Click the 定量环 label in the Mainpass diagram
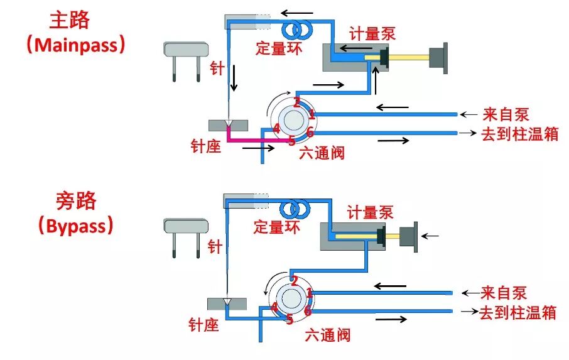point(278,48)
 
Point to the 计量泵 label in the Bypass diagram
point(371,212)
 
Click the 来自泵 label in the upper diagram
point(506,114)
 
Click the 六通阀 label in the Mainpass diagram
point(322,152)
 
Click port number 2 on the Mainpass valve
point(296,102)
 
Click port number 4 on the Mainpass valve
point(276,129)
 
